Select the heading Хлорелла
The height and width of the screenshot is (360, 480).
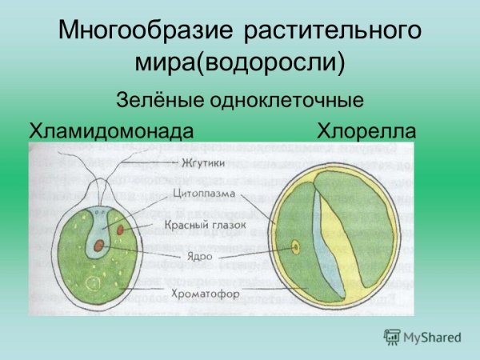coord(366,130)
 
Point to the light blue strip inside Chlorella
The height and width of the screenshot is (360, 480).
coord(327,240)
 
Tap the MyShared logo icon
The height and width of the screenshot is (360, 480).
coord(392,338)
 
